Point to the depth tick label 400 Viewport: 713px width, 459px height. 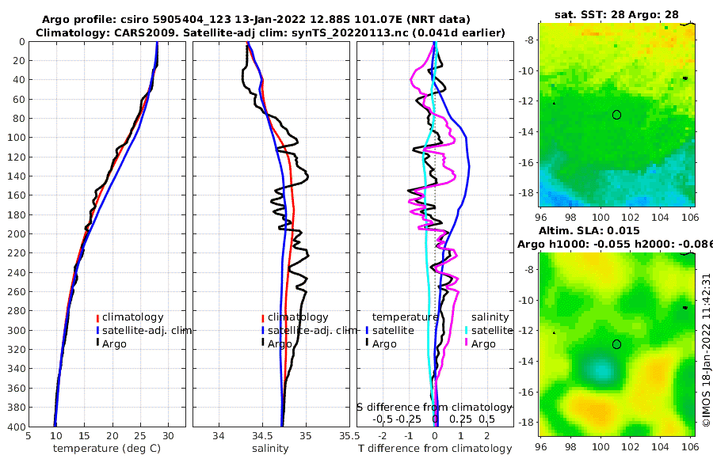(13, 427)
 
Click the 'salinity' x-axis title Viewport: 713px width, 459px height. (271, 449)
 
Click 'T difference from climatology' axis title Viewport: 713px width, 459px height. (433, 449)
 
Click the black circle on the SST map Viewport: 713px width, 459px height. (616, 115)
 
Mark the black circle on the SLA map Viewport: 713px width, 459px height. (616, 343)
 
